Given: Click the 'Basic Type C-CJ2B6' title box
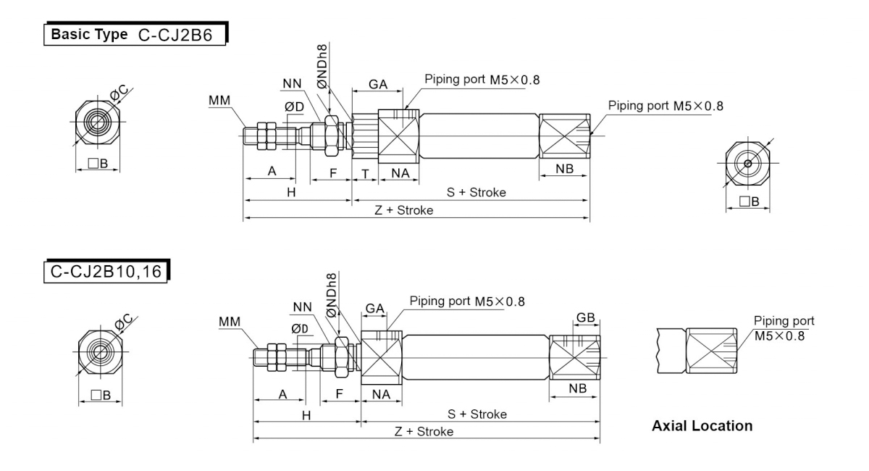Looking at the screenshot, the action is (135, 34).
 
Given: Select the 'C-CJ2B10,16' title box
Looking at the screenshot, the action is (106, 271).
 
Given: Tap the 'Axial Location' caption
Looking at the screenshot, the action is (702, 425).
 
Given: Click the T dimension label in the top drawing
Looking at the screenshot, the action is (365, 174).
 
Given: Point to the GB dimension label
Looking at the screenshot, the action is (585, 317).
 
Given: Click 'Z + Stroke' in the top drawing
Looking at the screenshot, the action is (404, 210).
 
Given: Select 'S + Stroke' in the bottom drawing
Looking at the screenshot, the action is (477, 414).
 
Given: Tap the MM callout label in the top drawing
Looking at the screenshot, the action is (219, 100).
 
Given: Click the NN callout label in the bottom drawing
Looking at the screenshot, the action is (302, 307).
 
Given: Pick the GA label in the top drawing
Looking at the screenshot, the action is (378, 84).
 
